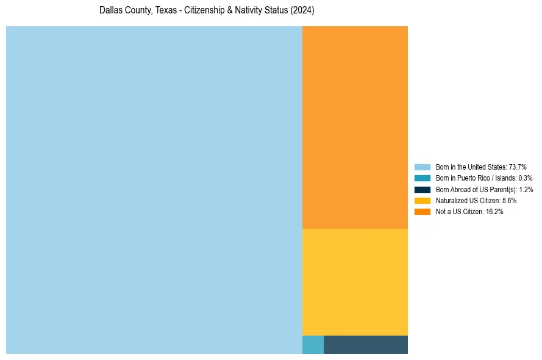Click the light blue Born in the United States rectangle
154,190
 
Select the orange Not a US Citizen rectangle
355,127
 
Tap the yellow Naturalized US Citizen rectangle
355,282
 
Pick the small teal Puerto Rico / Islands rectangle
313,345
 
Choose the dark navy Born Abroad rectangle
366,345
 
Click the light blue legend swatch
422,167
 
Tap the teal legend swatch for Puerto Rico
422,178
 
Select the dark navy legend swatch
422,189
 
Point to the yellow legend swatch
422,200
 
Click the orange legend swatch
422,211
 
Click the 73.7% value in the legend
518,167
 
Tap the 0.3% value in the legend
525,178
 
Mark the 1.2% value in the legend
526,189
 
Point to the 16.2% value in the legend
494,211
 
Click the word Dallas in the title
109,10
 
